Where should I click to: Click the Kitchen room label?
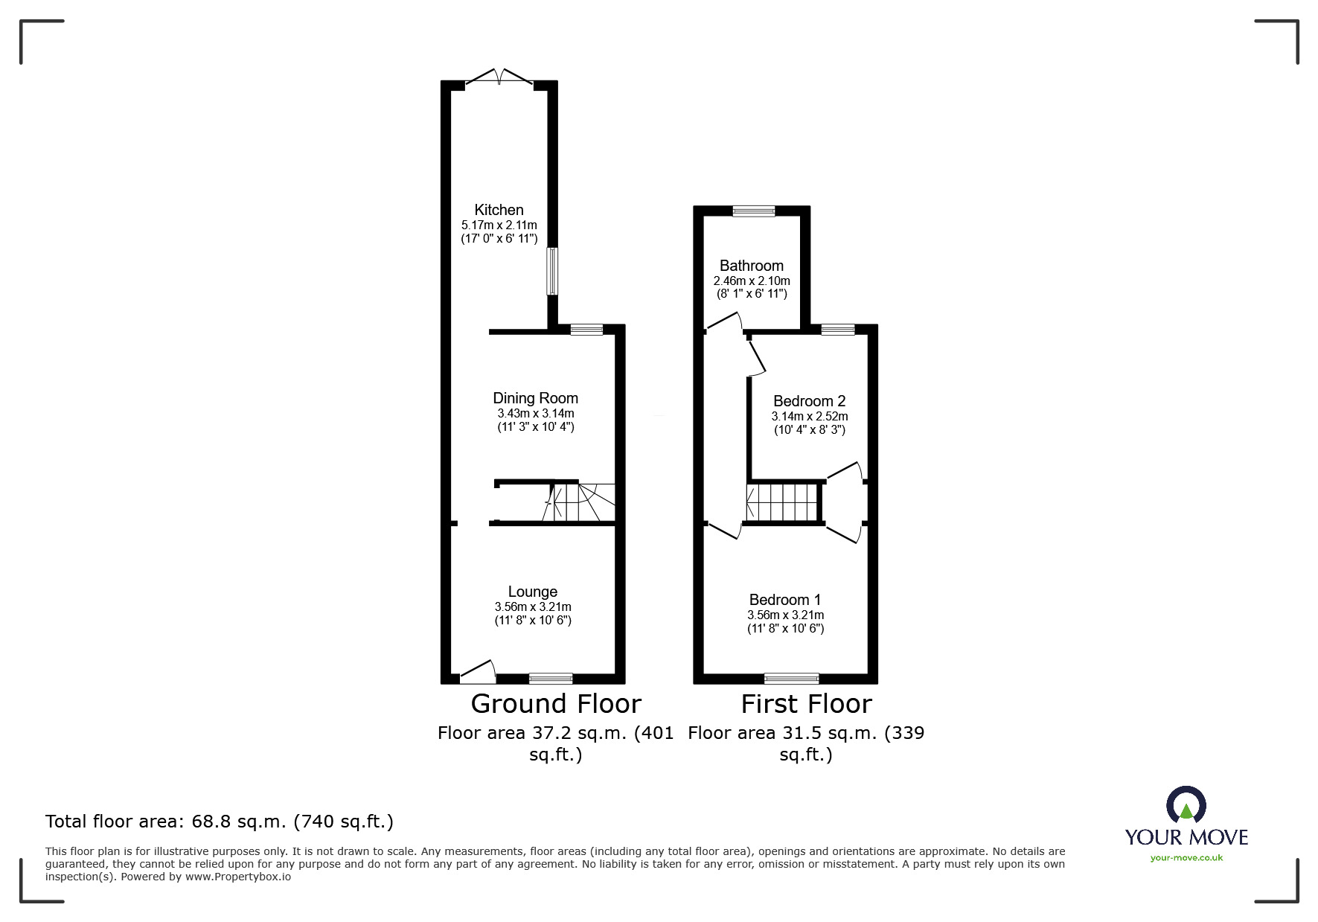pyautogui.click(x=499, y=210)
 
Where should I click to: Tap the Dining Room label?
pyautogui.click(x=535, y=398)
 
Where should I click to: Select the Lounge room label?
pyautogui.click(x=532, y=592)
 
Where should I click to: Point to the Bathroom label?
pyautogui.click(x=751, y=266)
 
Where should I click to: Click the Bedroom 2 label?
pyautogui.click(x=809, y=401)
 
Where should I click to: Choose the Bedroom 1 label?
pyautogui.click(x=784, y=600)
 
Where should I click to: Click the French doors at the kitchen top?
pyautogui.click(x=499, y=77)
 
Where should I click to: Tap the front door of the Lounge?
pyautogui.click(x=478, y=672)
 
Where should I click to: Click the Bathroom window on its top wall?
pyautogui.click(x=753, y=211)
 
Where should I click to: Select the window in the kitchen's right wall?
pyautogui.click(x=552, y=271)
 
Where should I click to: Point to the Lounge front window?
pyautogui.click(x=551, y=678)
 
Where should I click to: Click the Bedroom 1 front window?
pyautogui.click(x=791, y=678)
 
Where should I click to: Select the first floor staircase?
pyautogui.click(x=783, y=502)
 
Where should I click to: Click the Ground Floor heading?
pyautogui.click(x=555, y=703)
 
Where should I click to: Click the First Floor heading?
pyautogui.click(x=806, y=703)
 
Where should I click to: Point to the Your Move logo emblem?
pyautogui.click(x=1186, y=805)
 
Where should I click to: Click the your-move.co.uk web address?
pyautogui.click(x=1186, y=858)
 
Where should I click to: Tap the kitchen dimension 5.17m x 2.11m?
pyautogui.click(x=499, y=225)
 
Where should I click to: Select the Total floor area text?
pyautogui.click(x=220, y=822)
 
